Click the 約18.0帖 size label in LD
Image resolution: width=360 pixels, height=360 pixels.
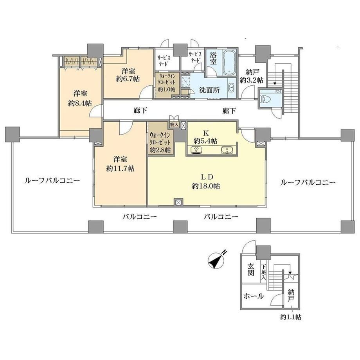206,186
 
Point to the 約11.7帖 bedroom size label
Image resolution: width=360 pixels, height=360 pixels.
120,169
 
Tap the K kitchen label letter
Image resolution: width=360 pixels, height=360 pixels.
206,133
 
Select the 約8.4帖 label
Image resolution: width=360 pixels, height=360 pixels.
80,103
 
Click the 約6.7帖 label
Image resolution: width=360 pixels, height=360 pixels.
128,79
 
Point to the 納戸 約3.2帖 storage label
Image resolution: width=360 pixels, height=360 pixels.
251,76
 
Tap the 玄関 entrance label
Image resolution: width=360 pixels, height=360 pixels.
250,269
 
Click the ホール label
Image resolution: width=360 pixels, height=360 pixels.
254,296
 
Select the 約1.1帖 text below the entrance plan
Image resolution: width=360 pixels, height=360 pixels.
291,317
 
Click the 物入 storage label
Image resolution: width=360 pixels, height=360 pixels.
174,125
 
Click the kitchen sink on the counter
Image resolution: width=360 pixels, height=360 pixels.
227,150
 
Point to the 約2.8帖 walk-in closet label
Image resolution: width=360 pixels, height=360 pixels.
160,150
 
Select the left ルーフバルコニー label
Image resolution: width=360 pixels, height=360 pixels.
52,181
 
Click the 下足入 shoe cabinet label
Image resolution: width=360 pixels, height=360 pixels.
263,272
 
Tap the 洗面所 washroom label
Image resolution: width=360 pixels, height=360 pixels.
209,90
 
